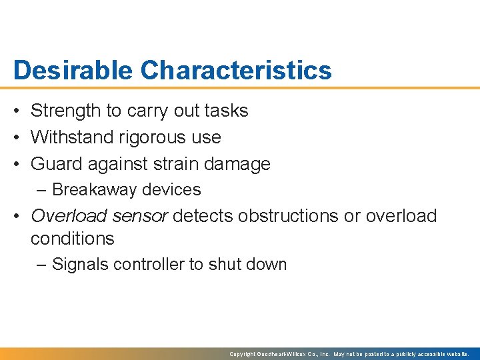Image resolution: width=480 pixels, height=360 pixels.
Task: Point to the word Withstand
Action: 72,137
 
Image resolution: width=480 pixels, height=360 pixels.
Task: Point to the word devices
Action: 171,190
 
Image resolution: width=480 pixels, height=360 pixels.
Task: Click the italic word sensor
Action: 143,216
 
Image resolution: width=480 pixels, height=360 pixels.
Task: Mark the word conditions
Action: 73,239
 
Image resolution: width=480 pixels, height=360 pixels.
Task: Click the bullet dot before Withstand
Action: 19,138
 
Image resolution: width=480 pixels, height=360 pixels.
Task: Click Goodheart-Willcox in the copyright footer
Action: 287,354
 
